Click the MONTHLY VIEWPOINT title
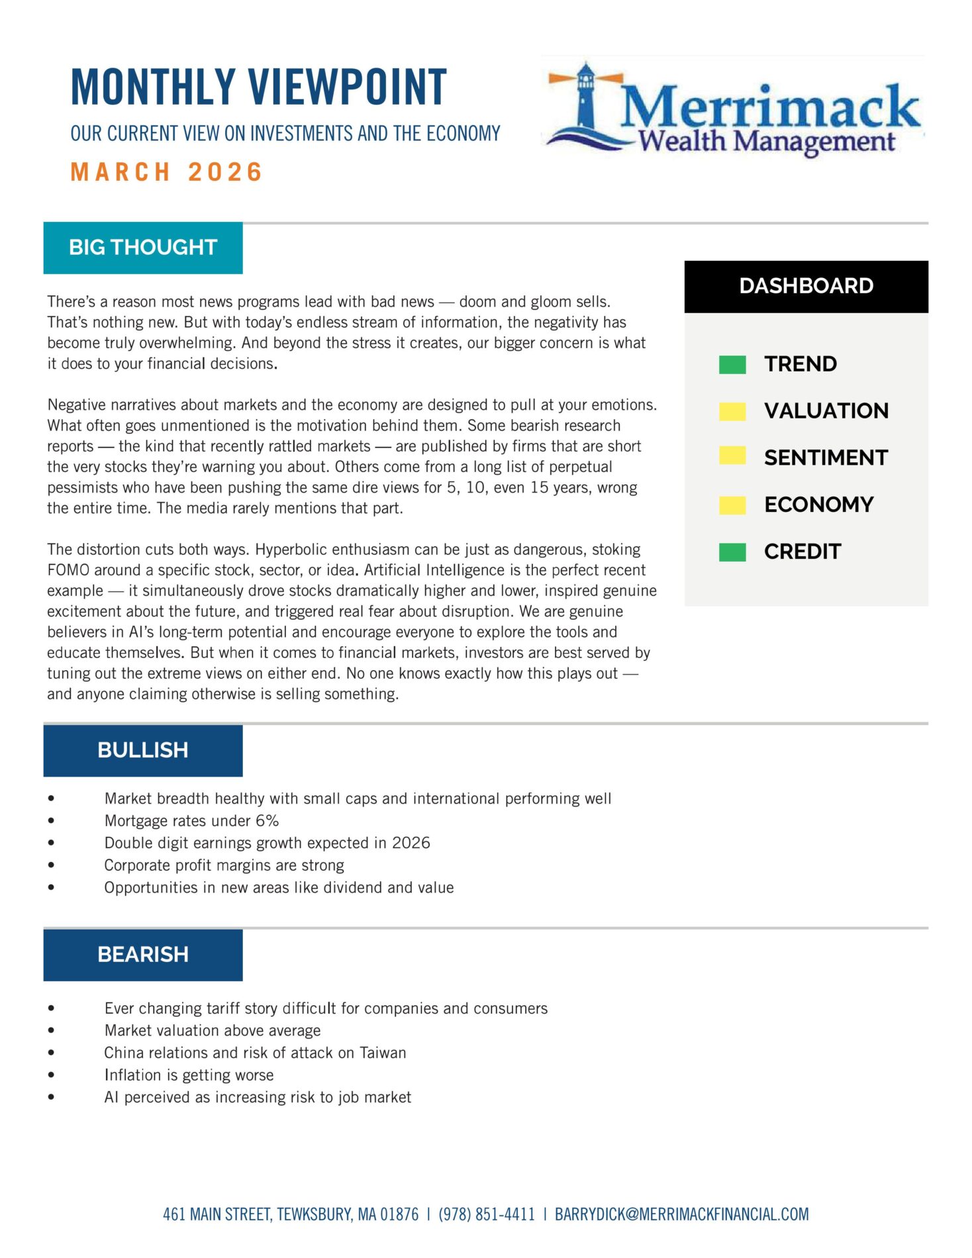259,87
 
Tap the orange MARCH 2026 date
166,172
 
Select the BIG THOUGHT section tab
143,248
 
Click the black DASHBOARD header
806,286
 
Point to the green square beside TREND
732,364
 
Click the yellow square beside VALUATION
732,411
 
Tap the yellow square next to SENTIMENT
732,456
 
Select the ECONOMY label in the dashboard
818,505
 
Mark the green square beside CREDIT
732,552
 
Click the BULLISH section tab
143,750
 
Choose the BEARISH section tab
143,955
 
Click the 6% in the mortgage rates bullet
267,821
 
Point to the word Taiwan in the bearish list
383,1053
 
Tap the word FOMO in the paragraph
68,570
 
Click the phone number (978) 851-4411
487,1214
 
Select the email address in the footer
681,1214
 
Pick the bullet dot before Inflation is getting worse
51,1075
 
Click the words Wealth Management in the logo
766,141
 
